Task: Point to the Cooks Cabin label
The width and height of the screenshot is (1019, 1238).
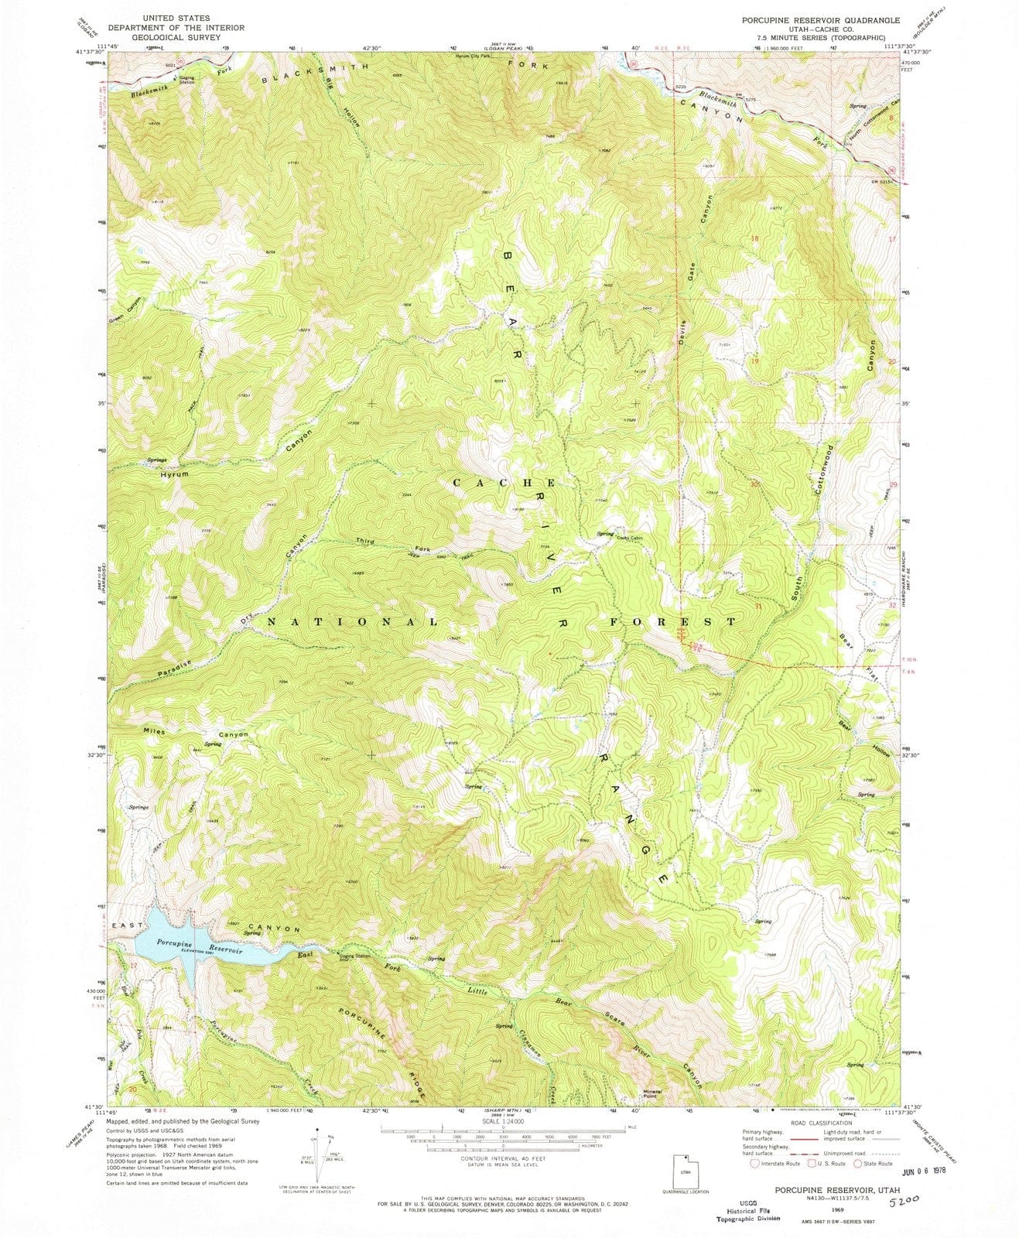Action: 631,538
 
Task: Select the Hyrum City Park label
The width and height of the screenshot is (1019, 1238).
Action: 474,56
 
